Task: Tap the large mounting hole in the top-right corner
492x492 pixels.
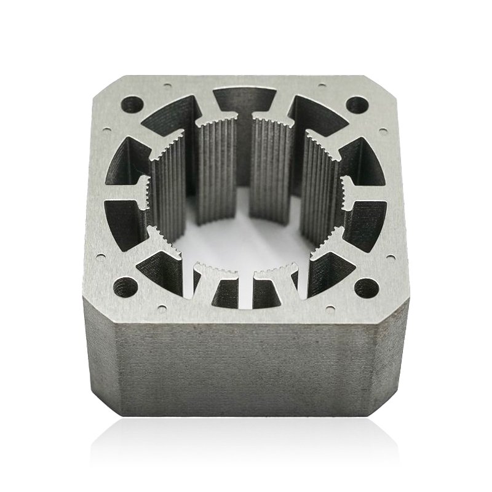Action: coord(357,104)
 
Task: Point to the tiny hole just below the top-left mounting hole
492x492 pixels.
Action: coord(107,130)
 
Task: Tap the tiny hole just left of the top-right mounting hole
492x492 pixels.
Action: coord(321,85)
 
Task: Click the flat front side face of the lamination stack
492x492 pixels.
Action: coord(246,369)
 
